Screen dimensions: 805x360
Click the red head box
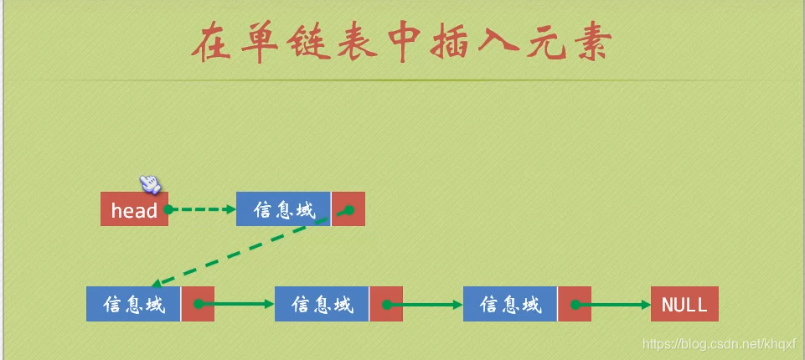(134, 209)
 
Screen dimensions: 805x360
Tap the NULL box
(684, 305)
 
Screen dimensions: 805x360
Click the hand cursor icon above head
(149, 183)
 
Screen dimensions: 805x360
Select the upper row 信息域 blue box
(283, 209)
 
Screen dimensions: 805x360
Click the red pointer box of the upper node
(348, 209)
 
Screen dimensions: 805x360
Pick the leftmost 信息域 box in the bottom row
(133, 305)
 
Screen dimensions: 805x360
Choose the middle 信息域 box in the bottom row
(322, 305)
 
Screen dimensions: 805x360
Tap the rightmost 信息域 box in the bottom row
(510, 305)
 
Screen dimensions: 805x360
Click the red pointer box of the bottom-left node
(198, 305)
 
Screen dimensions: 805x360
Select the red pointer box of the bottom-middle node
(386, 305)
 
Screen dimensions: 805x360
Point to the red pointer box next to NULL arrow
(575, 305)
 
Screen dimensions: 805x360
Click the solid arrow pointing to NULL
(616, 305)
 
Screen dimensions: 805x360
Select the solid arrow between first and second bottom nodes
(239, 305)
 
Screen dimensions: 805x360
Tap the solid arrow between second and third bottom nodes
(427, 305)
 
